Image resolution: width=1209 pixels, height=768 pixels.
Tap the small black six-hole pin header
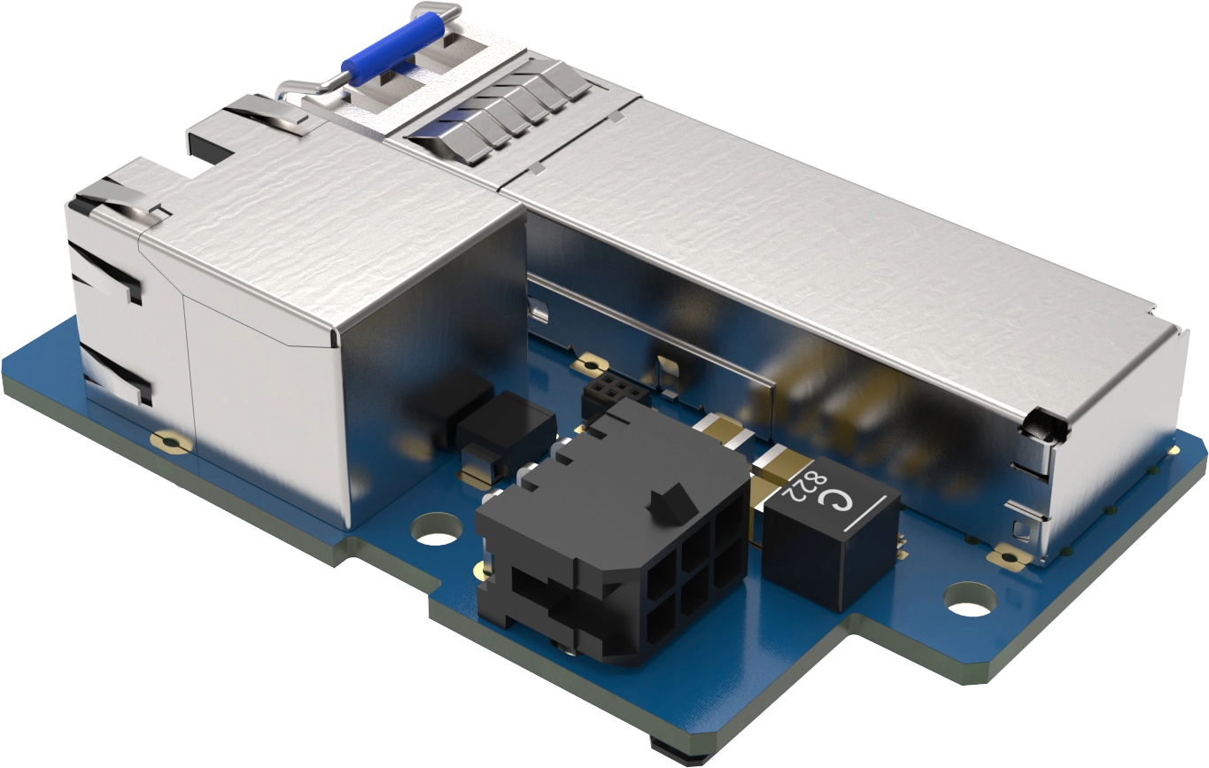click(609, 391)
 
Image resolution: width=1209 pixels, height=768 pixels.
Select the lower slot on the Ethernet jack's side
click(112, 372)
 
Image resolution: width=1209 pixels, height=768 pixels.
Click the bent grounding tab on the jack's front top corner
click(115, 199)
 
